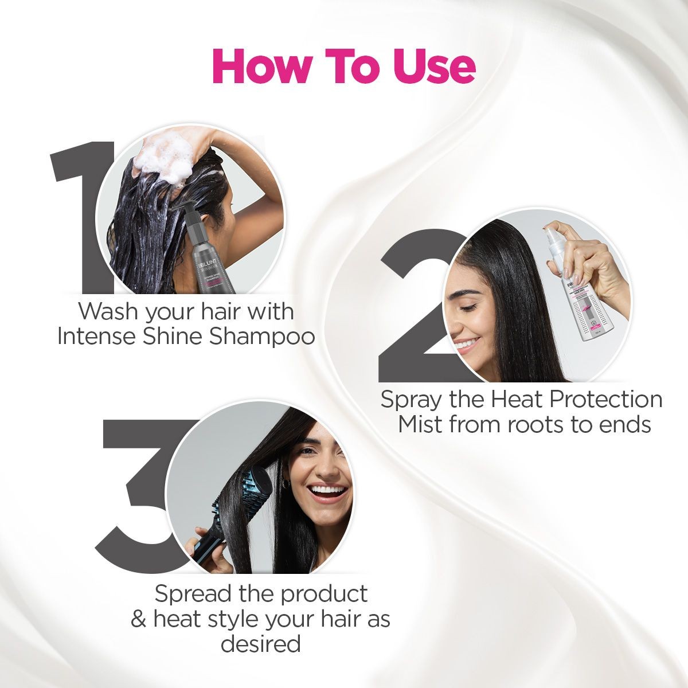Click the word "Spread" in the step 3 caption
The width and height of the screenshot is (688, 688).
[x=193, y=594]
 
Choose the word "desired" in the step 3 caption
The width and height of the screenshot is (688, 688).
[x=260, y=644]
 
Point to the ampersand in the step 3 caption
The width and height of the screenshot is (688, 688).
[x=138, y=620]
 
